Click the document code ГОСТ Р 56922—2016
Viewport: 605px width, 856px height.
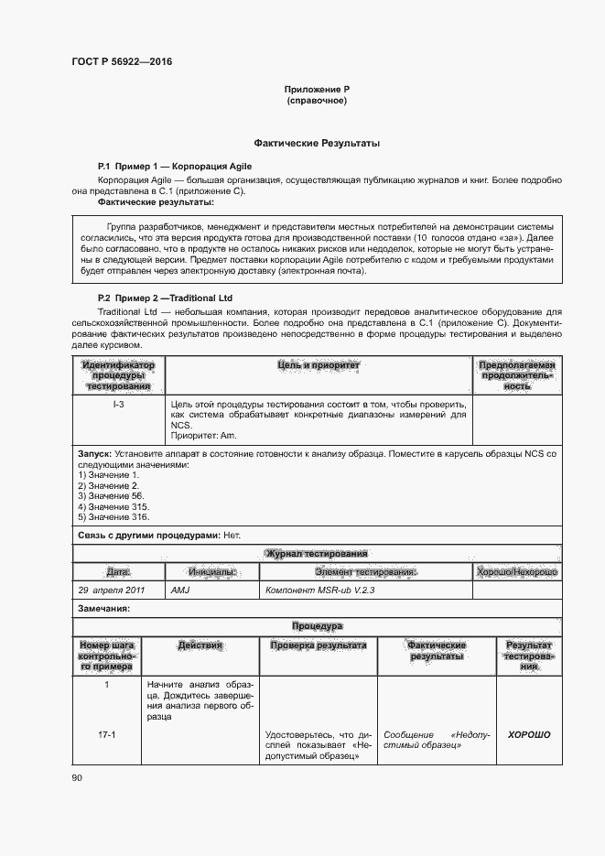point(122,62)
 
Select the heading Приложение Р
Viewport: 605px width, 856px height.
point(317,89)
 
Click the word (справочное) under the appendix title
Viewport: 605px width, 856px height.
point(317,100)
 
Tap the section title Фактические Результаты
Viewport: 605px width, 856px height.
point(317,144)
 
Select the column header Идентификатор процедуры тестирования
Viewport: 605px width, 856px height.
point(119,375)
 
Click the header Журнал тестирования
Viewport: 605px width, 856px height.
point(317,554)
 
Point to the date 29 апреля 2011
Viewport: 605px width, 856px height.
point(112,591)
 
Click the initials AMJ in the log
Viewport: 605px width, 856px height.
point(181,591)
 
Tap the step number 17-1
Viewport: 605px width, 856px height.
point(107,734)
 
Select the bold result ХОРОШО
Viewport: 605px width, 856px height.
point(529,734)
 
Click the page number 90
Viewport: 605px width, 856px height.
point(77,778)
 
